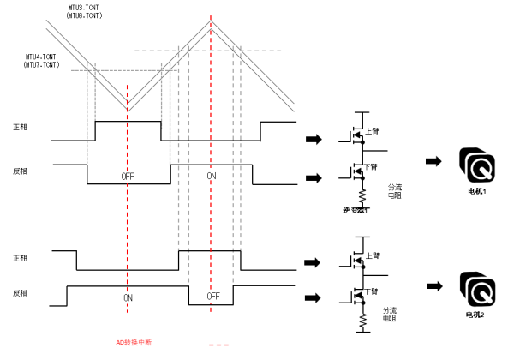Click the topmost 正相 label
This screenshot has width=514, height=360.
tap(21, 127)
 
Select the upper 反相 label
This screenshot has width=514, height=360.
tap(21, 171)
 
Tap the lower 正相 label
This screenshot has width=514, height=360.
tap(21, 258)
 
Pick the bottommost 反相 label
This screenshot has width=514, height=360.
tap(21, 293)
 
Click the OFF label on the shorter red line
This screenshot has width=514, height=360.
tap(127, 177)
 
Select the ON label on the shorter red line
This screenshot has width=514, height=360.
tap(128, 298)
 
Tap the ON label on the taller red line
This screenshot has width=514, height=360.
tap(212, 175)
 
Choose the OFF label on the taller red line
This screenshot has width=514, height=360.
tap(213, 297)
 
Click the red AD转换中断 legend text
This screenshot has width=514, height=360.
tap(134, 343)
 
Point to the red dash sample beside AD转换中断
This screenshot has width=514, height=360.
tap(219, 345)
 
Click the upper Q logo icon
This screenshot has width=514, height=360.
tap(476, 165)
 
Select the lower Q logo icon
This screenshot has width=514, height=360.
tap(476, 289)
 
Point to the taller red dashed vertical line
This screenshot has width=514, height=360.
tap(211, 103)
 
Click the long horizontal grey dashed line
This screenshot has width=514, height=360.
tap(248, 51)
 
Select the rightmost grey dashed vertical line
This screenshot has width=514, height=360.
tap(241, 146)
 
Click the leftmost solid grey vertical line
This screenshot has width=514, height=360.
tap(87, 111)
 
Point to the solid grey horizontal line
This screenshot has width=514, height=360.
tap(137, 70)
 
